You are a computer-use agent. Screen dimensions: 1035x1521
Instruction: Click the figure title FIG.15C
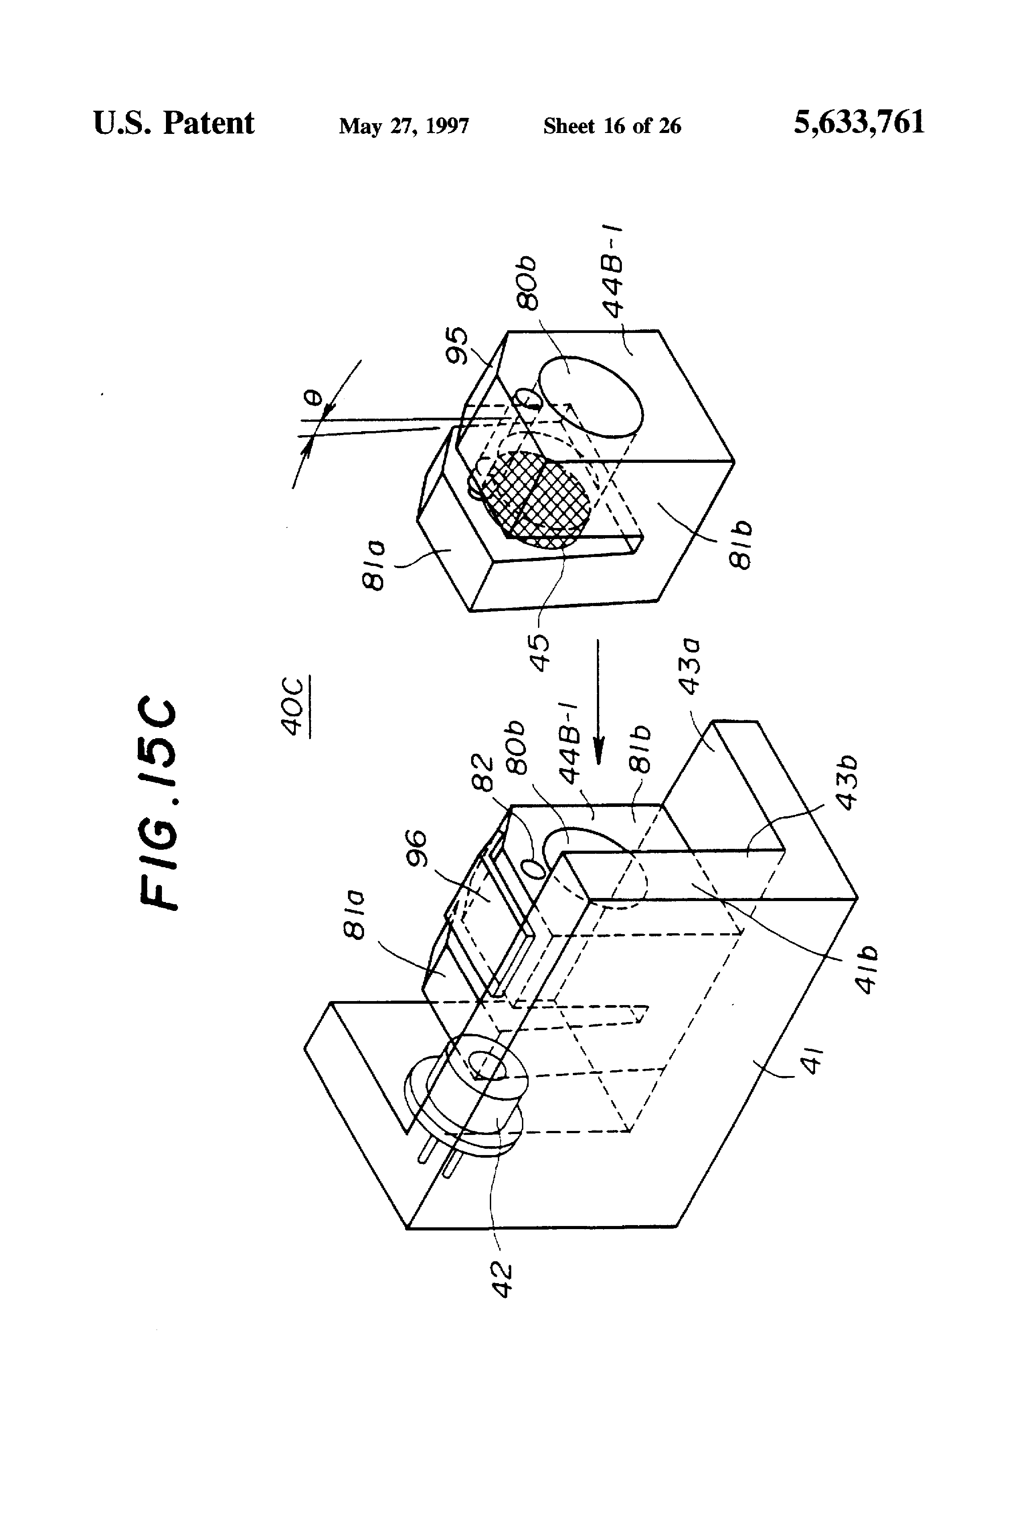(x=158, y=806)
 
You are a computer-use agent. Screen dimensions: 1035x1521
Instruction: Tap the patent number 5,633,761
(x=859, y=122)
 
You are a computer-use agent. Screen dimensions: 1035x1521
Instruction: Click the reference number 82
(x=483, y=772)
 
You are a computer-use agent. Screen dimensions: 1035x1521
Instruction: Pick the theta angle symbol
(x=315, y=398)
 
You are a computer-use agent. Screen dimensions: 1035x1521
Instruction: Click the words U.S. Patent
(x=174, y=123)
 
